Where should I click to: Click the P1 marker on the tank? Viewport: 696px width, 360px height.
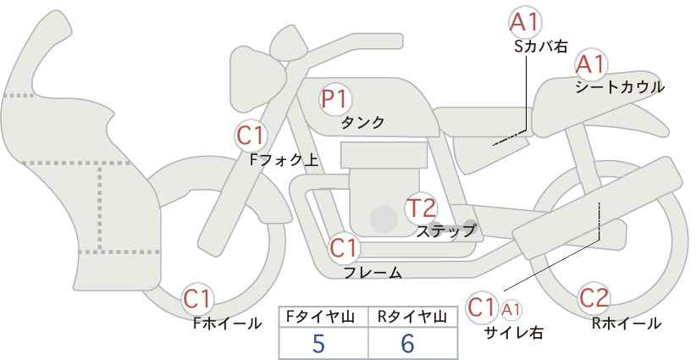[x=335, y=99]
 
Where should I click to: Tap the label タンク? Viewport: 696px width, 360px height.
[x=362, y=122]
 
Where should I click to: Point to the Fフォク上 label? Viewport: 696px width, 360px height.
[x=284, y=160]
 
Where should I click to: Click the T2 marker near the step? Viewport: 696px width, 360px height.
[x=422, y=208]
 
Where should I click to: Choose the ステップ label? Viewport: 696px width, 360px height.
[x=446, y=231]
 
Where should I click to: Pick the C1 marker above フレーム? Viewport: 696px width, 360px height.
[x=344, y=247]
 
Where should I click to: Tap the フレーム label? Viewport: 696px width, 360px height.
[x=373, y=273]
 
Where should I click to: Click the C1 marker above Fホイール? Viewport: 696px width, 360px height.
[x=197, y=299]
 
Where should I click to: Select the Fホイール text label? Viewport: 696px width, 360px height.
[x=227, y=324]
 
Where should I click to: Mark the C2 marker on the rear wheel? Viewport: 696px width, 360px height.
[x=594, y=298]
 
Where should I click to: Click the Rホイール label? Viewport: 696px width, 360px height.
[x=627, y=324]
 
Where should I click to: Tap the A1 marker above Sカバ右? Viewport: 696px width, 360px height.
[x=525, y=22]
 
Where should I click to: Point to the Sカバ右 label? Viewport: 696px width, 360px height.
[x=541, y=47]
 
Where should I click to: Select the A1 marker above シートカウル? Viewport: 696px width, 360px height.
[x=591, y=64]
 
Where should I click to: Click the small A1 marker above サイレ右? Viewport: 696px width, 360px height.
[x=511, y=309]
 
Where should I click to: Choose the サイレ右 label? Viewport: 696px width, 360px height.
[x=514, y=333]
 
